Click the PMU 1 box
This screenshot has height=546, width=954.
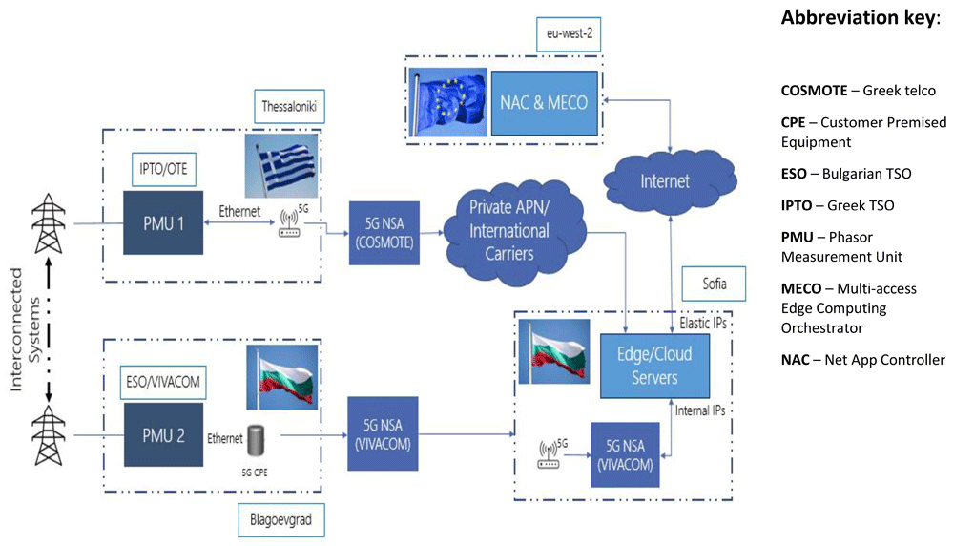click(x=163, y=222)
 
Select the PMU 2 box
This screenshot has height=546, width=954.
click(x=164, y=434)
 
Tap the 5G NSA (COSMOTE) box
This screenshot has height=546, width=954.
click(x=384, y=233)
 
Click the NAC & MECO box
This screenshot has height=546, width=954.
click(x=544, y=103)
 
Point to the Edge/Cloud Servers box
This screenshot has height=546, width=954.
click(x=654, y=366)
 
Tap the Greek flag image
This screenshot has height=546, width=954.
click(x=281, y=165)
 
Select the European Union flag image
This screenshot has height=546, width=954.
click(x=447, y=101)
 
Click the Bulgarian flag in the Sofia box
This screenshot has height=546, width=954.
click(x=553, y=351)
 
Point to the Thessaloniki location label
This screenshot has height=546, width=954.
click(x=289, y=107)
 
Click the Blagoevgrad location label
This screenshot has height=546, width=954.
click(x=281, y=520)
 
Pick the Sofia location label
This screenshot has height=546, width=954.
click(x=714, y=283)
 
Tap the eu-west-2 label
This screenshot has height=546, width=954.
click(x=569, y=34)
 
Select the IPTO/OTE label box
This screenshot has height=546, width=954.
click(x=164, y=169)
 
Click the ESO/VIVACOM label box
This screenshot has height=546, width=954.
click(x=163, y=382)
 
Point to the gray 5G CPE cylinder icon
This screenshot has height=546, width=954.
click(x=256, y=440)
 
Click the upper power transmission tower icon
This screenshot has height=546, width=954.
click(x=49, y=223)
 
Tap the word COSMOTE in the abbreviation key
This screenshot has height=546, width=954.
click(x=814, y=91)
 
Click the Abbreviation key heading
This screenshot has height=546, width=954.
click(x=861, y=17)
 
